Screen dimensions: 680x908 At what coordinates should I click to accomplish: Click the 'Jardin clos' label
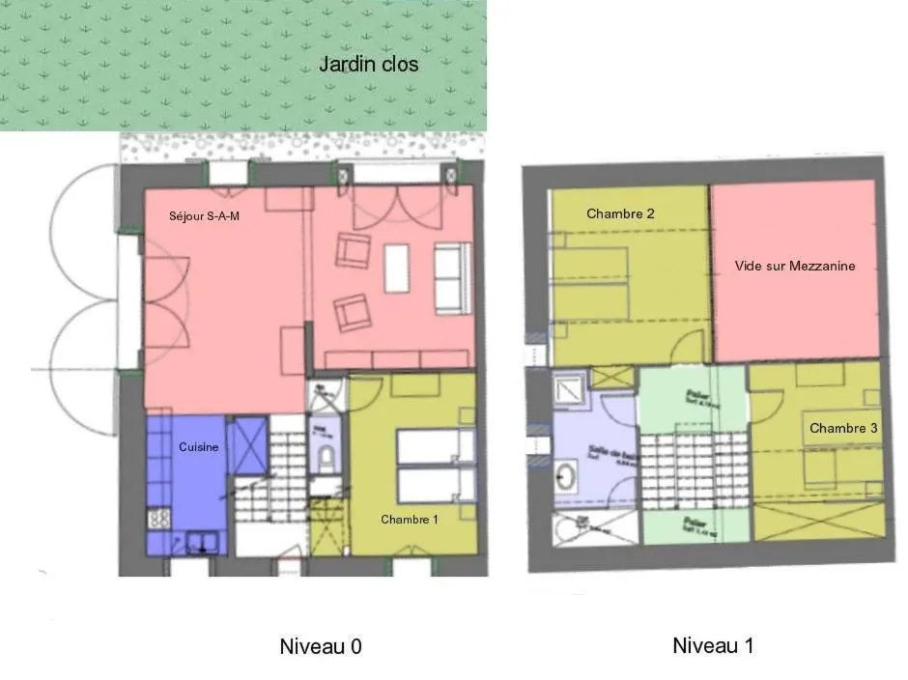pyautogui.click(x=368, y=65)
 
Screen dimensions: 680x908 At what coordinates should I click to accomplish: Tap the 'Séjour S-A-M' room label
pyautogui.click(x=204, y=216)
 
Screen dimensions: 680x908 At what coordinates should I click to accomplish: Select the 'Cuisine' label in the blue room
pyautogui.click(x=199, y=447)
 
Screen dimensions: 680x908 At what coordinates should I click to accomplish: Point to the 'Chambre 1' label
pyautogui.click(x=409, y=520)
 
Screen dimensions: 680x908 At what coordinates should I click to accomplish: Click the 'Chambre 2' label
pyautogui.click(x=620, y=213)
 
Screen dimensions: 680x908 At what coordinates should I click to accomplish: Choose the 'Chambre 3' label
pyautogui.click(x=843, y=428)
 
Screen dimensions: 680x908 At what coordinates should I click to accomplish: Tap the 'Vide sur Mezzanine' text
pyautogui.click(x=794, y=266)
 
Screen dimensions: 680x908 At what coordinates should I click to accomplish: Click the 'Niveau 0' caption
pyautogui.click(x=320, y=646)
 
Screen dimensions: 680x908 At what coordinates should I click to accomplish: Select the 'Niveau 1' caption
pyautogui.click(x=712, y=645)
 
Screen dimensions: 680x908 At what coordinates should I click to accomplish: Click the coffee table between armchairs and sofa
pyautogui.click(x=397, y=268)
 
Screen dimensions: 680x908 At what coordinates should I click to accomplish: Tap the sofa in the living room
pyautogui.click(x=447, y=279)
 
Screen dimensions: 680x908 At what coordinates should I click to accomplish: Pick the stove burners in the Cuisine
pyautogui.click(x=159, y=519)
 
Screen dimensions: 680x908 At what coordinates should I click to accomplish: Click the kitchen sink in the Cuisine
pyautogui.click(x=204, y=543)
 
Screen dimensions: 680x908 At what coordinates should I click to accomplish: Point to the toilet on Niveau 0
pyautogui.click(x=326, y=457)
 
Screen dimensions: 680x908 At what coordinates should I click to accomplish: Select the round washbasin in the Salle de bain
pyautogui.click(x=566, y=475)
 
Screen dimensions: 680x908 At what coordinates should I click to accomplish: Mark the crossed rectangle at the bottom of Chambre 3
pyautogui.click(x=817, y=521)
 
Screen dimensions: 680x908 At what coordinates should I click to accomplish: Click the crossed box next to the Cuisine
pyautogui.click(x=246, y=444)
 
